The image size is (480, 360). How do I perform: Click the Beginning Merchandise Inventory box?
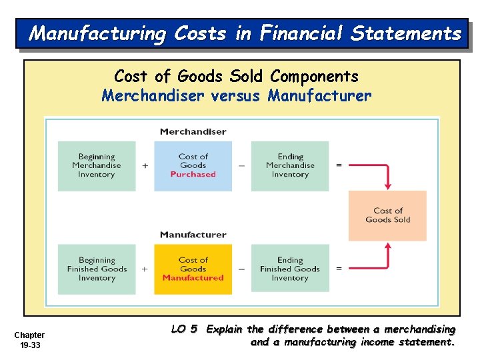[x=97, y=166]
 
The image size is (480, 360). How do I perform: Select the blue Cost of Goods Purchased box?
[x=193, y=166]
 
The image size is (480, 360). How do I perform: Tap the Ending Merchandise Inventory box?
[x=290, y=166]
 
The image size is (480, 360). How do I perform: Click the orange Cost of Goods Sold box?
[x=387, y=215]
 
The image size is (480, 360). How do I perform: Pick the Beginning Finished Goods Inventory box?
[x=97, y=269]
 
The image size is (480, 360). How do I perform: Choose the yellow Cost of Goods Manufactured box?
[x=193, y=269]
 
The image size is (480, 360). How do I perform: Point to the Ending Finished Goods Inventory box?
[x=290, y=269]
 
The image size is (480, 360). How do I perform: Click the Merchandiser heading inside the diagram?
[x=193, y=131]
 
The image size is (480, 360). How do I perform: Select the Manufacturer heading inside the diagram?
[x=193, y=235]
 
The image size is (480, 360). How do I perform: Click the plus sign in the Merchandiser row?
[x=145, y=166]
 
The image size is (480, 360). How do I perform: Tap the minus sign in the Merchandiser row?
[x=241, y=166]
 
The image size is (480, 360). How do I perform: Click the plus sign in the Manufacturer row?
[x=145, y=269]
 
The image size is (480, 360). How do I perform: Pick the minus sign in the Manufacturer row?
[x=241, y=269]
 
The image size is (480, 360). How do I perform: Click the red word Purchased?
[x=193, y=175]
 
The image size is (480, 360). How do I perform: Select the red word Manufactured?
[x=193, y=278]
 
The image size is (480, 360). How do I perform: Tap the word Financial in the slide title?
[x=301, y=33]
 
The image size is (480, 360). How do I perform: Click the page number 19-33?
[x=29, y=345]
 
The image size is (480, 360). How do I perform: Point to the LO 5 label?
[x=184, y=329]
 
